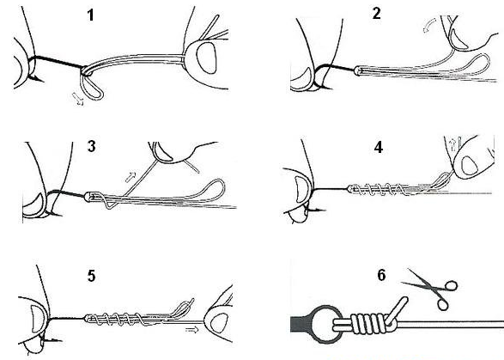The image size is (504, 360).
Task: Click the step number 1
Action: coord(91,15)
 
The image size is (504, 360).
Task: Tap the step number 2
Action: coord(377,14)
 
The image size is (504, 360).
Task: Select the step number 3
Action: coord(91,146)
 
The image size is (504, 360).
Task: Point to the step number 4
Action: coord(379,147)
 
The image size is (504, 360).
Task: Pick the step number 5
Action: coord(91,276)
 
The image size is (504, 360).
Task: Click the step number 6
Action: coord(381,275)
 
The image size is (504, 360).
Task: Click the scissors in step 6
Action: coord(431,289)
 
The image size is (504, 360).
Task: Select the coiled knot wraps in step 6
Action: coord(370,324)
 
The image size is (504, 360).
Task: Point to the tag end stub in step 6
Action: coord(396,310)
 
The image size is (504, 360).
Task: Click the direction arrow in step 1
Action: coord(78,99)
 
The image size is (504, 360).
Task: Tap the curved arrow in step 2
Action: coord(429,25)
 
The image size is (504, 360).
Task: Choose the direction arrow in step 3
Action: coord(131,177)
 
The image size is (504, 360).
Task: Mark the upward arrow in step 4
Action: coord(453,144)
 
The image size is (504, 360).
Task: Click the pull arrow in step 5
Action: coord(191,330)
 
